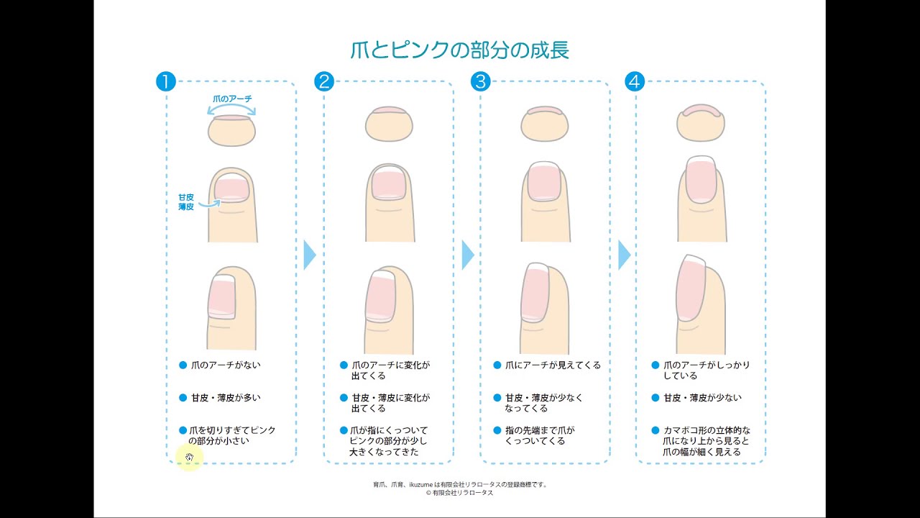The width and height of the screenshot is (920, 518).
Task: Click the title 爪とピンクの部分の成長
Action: point(459,50)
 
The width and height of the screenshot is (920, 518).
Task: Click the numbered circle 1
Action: point(165,81)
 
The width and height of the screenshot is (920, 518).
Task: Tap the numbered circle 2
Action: point(324,81)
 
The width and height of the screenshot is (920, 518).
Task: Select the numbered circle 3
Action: point(480,81)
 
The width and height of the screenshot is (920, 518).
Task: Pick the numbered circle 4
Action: point(634,81)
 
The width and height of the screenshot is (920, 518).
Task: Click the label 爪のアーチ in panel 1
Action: point(232,98)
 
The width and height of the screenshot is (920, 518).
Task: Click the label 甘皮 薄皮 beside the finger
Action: point(186,201)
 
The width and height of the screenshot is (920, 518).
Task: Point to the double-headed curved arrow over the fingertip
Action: point(231,109)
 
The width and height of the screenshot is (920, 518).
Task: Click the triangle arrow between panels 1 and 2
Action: point(310,255)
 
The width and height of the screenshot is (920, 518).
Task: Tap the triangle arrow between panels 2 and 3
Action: point(467,255)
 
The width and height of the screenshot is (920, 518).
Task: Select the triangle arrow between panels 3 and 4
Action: point(624,255)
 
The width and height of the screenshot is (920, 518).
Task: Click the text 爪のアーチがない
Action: point(226,365)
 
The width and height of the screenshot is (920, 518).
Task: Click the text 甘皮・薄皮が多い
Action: point(226,397)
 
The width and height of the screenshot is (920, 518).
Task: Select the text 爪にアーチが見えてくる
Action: point(552,365)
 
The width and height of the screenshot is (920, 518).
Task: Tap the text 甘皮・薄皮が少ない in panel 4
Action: point(702,397)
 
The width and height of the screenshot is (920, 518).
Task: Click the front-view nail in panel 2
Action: point(388,183)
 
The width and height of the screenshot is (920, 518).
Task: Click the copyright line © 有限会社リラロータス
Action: point(459,493)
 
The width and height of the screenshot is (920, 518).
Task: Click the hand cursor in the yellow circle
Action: point(189,458)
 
